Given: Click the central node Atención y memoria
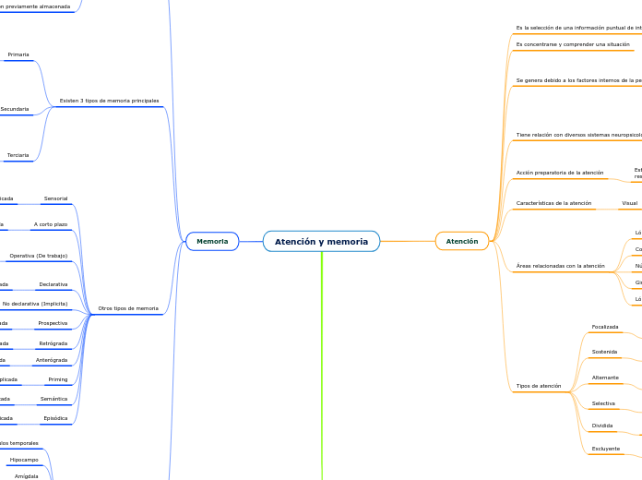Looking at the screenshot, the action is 321,242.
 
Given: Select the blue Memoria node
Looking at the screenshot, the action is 212,242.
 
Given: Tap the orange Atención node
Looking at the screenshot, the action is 462,242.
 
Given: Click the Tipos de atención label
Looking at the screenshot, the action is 539,386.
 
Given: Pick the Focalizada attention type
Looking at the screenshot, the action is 605,327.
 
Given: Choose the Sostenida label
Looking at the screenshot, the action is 604,352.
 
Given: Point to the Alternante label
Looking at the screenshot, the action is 605,378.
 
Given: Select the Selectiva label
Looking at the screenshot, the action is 603,403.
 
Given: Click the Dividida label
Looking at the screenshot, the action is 602,426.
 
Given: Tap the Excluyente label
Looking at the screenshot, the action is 605,449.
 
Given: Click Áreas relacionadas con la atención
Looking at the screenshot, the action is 560,266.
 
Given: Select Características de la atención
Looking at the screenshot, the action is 553,203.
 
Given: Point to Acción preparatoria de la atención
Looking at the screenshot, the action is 560,173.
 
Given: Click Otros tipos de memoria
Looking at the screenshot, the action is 128,308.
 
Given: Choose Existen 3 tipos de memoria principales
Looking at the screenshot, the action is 109,101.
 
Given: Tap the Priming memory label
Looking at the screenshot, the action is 57,379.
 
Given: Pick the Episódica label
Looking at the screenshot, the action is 55,418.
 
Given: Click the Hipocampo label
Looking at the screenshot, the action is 24,460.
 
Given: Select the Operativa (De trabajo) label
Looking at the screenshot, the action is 39,256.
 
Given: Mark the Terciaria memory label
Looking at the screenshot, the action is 18,155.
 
